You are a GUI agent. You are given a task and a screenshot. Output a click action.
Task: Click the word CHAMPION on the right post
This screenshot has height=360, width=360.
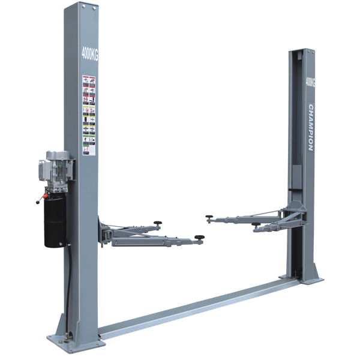click(x=311, y=128)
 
